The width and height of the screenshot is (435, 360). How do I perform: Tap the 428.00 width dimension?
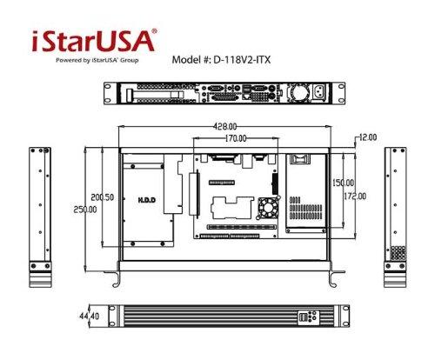point(224,126)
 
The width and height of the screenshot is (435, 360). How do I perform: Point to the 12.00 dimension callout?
point(366,137)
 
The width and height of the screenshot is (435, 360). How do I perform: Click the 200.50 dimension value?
point(104,197)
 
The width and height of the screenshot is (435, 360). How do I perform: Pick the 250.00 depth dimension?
point(85,210)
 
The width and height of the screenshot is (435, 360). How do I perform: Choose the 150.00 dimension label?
point(342,183)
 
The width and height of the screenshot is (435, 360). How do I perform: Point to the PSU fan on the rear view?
point(298,91)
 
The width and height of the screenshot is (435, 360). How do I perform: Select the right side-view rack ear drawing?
point(395,217)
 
